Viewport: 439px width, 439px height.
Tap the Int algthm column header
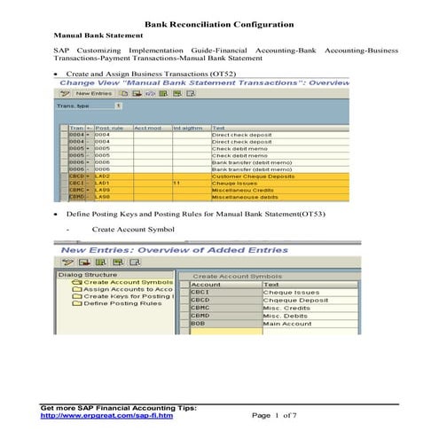pyautogui.click(x=188, y=128)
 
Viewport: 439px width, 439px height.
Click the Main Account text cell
pyautogui.click(x=289, y=325)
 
